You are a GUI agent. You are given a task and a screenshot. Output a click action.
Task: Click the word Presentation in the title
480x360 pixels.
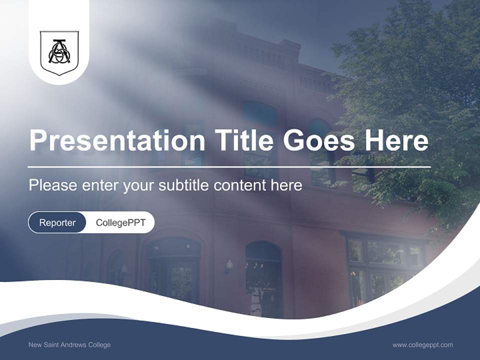pos(117,141)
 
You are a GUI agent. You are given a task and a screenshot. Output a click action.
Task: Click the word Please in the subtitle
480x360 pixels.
pos(53,185)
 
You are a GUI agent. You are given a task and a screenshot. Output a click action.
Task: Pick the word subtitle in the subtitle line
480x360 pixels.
pos(184,185)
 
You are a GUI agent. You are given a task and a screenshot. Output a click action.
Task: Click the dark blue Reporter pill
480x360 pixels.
pos(57,222)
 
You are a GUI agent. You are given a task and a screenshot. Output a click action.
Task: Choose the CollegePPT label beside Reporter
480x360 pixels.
pos(120,222)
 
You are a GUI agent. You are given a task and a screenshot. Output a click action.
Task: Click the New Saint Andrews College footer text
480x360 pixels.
pos(69,345)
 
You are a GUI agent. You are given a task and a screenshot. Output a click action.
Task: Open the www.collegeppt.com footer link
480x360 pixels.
pos(422,345)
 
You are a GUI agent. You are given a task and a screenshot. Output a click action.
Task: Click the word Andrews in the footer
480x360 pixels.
pos(74,345)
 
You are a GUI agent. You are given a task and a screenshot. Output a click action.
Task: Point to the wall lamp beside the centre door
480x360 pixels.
pos(229,265)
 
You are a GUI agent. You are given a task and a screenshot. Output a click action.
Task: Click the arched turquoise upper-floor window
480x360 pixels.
pos(259,114)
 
